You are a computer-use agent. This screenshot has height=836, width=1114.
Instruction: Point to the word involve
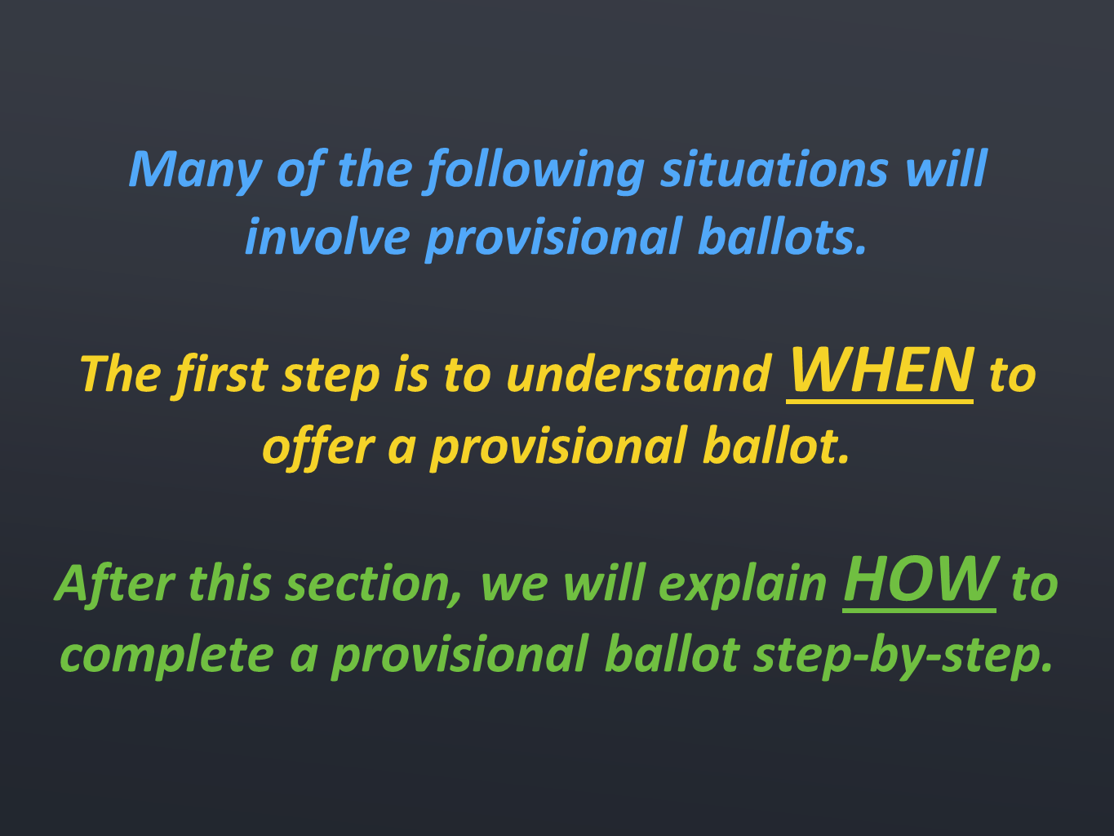[x=327, y=236]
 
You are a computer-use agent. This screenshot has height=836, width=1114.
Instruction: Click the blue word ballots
[x=782, y=235]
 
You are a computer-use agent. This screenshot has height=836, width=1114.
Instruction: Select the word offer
[x=319, y=447]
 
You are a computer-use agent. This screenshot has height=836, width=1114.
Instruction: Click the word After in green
[x=114, y=583]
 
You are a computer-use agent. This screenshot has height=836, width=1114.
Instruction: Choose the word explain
[x=743, y=585]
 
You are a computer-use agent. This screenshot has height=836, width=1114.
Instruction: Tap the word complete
[x=167, y=656]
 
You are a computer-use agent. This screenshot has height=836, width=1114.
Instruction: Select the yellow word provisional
[x=558, y=447]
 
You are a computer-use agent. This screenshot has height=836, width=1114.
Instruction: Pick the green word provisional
[x=459, y=656]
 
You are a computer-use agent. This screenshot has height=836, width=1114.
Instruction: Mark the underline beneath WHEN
[x=880, y=402]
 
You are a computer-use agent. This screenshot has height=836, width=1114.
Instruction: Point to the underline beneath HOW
[x=920, y=611]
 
